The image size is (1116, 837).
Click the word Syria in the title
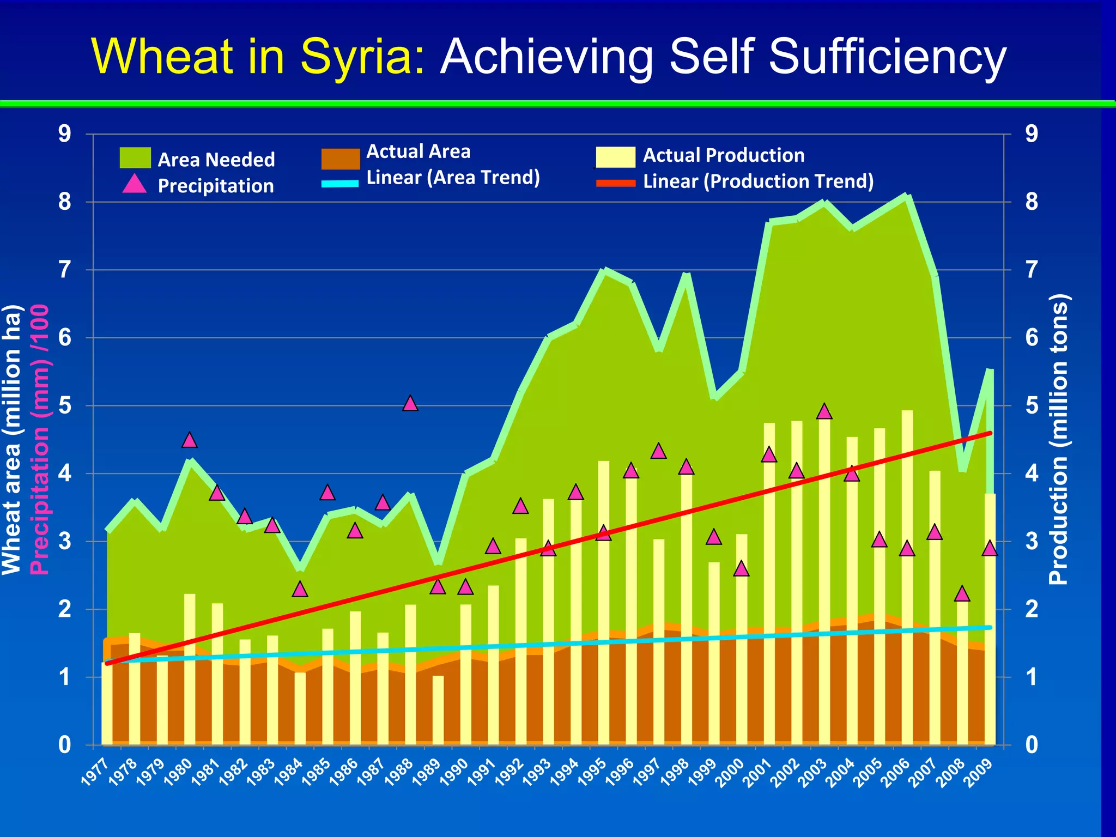(362, 57)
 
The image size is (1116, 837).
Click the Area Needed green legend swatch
(135, 157)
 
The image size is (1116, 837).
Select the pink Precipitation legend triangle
(134, 185)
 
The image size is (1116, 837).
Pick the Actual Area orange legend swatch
(341, 159)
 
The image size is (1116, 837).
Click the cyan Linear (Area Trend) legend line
(340, 184)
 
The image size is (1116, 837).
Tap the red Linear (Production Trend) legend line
(616, 183)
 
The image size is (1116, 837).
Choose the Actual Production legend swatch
(616, 157)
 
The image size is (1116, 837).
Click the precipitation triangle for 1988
(410, 404)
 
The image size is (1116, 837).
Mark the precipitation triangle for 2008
(962, 594)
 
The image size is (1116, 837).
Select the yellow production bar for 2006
(907, 578)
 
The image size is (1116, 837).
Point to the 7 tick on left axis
(65, 270)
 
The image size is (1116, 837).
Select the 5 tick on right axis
(1032, 405)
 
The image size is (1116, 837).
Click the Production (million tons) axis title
(1059, 439)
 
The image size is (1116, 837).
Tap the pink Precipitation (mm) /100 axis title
(39, 439)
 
